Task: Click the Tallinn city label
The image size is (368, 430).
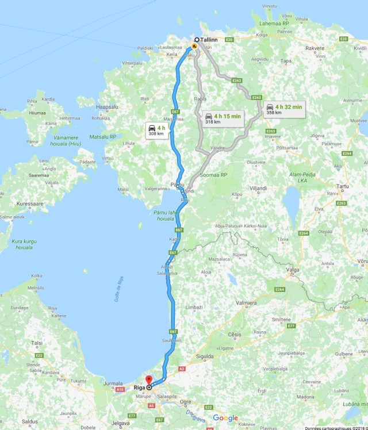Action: [x=208, y=40]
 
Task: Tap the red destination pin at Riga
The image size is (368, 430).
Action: [x=149, y=380]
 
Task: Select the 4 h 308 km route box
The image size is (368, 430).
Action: [x=156, y=130]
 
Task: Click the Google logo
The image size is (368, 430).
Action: [x=225, y=418]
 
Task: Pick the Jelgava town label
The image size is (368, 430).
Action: [x=121, y=425]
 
